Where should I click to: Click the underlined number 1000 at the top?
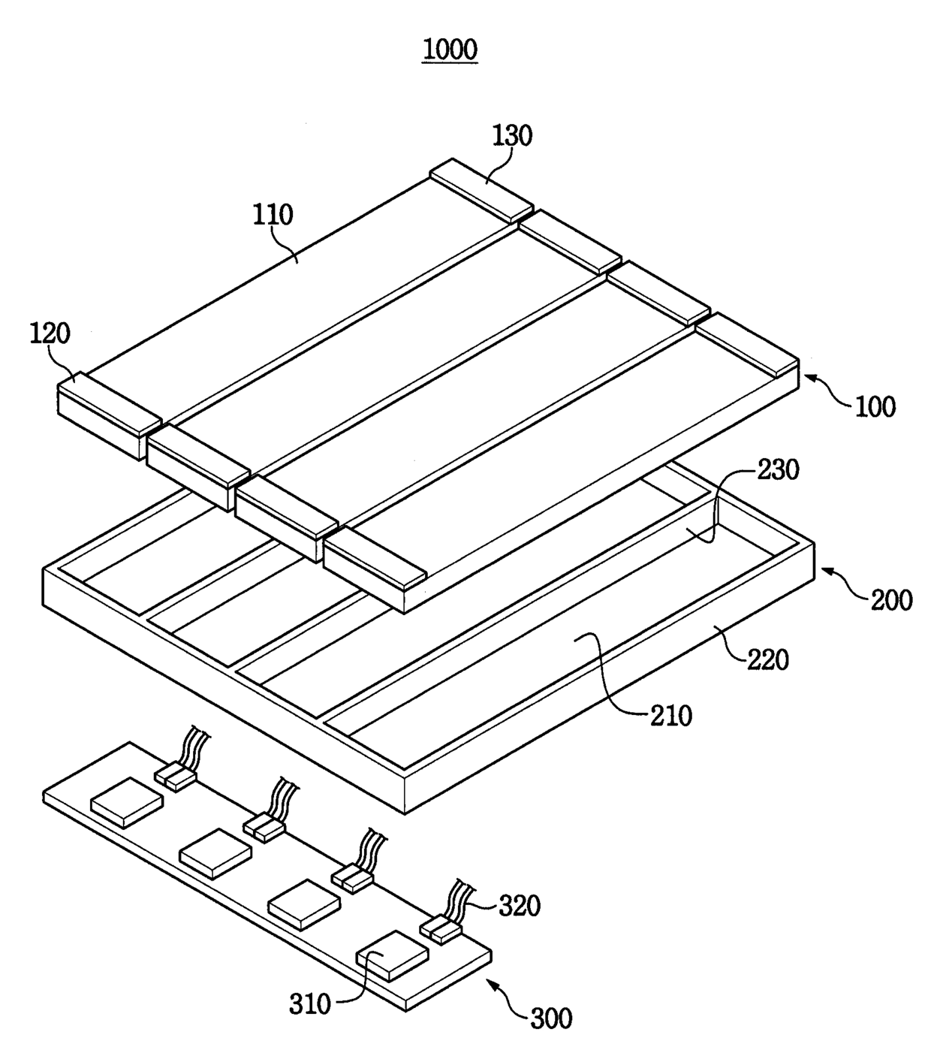click(x=450, y=50)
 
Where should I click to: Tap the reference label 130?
click(x=513, y=136)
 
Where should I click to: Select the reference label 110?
click(x=273, y=215)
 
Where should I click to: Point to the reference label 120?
click(x=50, y=333)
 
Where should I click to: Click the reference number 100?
click(x=875, y=406)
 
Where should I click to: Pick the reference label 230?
click(x=779, y=469)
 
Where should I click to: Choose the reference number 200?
click(x=891, y=600)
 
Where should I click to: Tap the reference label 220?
click(x=768, y=660)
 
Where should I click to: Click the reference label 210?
click(x=671, y=716)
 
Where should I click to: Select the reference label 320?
click(x=520, y=906)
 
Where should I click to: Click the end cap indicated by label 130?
click(x=481, y=190)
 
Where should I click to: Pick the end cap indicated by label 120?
click(x=108, y=415)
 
